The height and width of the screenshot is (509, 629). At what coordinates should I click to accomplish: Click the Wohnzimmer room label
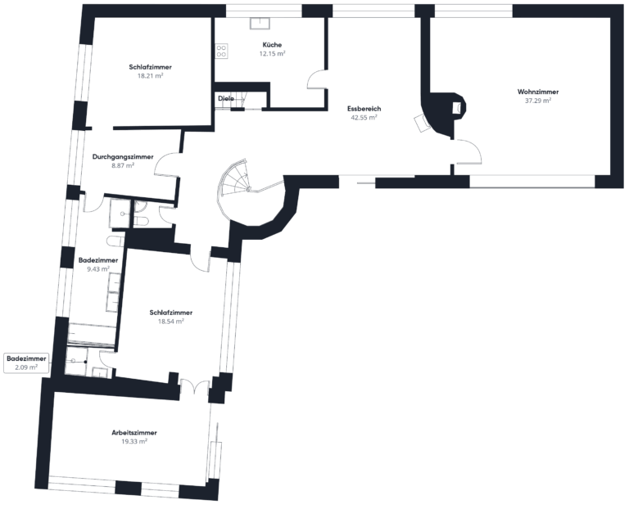pyautogui.click(x=537, y=92)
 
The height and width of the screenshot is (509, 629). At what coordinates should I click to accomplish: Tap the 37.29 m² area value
pyautogui.click(x=537, y=101)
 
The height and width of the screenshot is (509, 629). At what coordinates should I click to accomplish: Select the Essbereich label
pyautogui.click(x=364, y=108)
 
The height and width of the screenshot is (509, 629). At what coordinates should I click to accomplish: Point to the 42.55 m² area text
pyautogui.click(x=364, y=117)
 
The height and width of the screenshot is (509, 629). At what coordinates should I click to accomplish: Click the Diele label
pyautogui.click(x=226, y=98)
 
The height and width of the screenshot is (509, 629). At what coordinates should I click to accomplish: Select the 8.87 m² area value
pyautogui.click(x=122, y=164)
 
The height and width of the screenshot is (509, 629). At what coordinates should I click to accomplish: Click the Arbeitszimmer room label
pyautogui.click(x=134, y=432)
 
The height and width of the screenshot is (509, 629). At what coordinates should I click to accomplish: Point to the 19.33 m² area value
pyautogui.click(x=134, y=441)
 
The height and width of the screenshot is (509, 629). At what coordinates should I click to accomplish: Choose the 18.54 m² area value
pyautogui.click(x=170, y=322)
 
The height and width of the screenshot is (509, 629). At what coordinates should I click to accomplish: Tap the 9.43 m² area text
pyautogui.click(x=97, y=268)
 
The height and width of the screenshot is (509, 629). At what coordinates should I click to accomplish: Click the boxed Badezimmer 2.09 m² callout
pyautogui.click(x=26, y=363)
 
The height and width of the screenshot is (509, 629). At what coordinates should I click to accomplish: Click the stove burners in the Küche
pyautogui.click(x=221, y=50)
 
